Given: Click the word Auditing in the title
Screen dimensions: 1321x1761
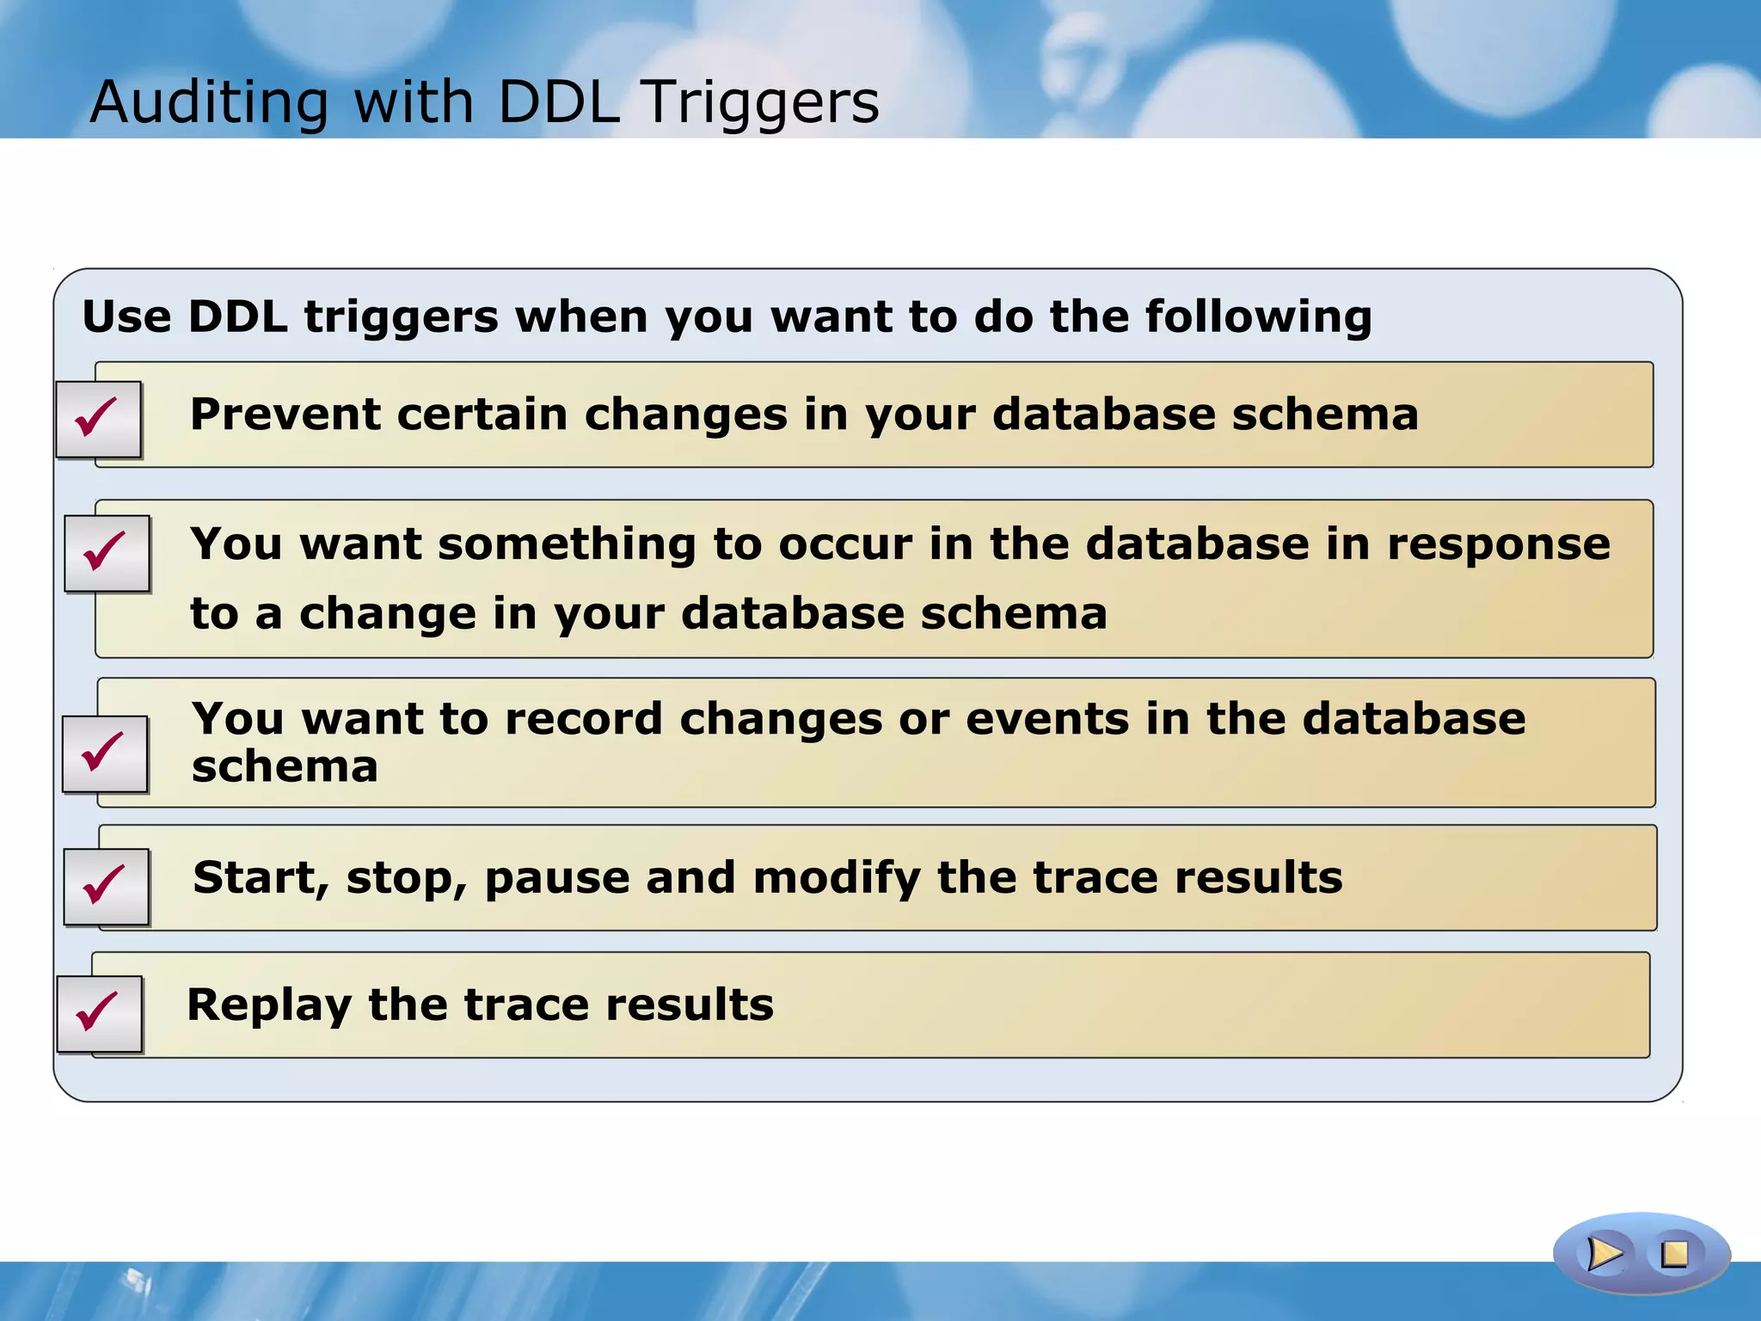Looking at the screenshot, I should [x=209, y=102].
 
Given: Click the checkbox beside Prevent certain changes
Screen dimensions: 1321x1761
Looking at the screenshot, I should [x=98, y=419].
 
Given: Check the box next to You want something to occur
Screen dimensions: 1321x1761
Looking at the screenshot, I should [x=107, y=553].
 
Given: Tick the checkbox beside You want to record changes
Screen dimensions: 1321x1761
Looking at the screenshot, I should [x=105, y=753].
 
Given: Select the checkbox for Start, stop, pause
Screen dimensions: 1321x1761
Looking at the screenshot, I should [x=107, y=887].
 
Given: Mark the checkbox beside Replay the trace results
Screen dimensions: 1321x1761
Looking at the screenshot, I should [x=99, y=1013].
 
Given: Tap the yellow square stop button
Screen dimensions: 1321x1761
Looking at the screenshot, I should [x=1674, y=1254].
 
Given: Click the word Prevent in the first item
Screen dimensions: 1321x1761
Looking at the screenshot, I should [x=285, y=415].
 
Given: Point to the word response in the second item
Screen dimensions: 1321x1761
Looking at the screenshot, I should [x=1499, y=544].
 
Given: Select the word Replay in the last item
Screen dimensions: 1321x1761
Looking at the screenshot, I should [x=269, y=1005].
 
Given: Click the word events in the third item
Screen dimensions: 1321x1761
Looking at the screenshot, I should [x=1046, y=719].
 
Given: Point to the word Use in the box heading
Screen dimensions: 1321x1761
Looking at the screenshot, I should [x=126, y=316].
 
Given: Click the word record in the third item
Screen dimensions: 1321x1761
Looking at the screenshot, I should [x=584, y=719].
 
